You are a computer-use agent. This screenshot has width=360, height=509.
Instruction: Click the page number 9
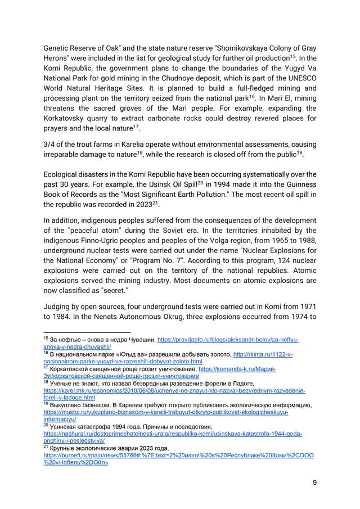click(314, 483)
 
